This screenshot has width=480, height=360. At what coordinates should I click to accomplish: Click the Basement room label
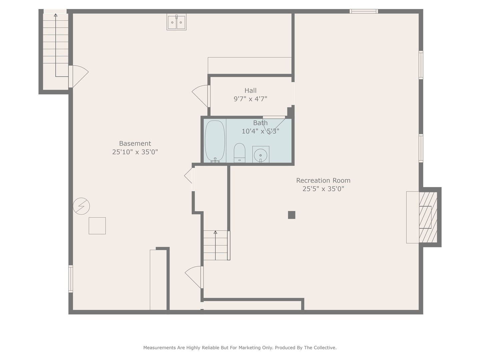pyautogui.click(x=135, y=143)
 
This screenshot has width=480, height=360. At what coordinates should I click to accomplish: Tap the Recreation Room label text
pyautogui.click(x=323, y=180)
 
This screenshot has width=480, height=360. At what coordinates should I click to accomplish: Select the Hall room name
pyautogui.click(x=250, y=90)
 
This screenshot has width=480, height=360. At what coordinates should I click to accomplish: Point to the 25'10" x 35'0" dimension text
pyautogui.click(x=135, y=152)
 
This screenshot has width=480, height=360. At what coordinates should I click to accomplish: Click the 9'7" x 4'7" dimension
pyautogui.click(x=250, y=99)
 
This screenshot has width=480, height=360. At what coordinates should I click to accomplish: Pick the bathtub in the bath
pyautogui.click(x=215, y=141)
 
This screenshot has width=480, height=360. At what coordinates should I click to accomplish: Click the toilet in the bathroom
pyautogui.click(x=239, y=153)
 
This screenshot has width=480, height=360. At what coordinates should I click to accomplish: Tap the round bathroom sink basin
pyautogui.click(x=260, y=155)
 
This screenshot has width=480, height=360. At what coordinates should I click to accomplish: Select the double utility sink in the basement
pyautogui.click(x=176, y=22)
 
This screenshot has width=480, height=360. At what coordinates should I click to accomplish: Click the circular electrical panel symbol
pyautogui.click(x=81, y=206)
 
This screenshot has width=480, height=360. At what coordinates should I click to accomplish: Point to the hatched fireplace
pyautogui.click(x=428, y=217)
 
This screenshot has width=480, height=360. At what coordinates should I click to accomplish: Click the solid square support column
pyautogui.click(x=291, y=215)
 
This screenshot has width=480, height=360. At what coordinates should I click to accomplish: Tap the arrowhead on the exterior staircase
pyautogui.click(x=56, y=15)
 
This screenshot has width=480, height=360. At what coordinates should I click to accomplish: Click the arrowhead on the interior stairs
pyautogui.click(x=215, y=232)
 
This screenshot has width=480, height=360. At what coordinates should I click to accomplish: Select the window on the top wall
pyautogui.click(x=364, y=11)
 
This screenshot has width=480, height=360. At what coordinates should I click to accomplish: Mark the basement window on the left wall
pyautogui.click(x=71, y=279)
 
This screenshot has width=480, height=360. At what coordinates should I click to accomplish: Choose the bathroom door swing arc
pyautogui.click(x=274, y=125)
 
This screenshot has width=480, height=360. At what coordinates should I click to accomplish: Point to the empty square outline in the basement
pyautogui.click(x=97, y=226)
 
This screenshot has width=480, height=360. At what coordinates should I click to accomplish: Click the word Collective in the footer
pyautogui.click(x=325, y=348)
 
